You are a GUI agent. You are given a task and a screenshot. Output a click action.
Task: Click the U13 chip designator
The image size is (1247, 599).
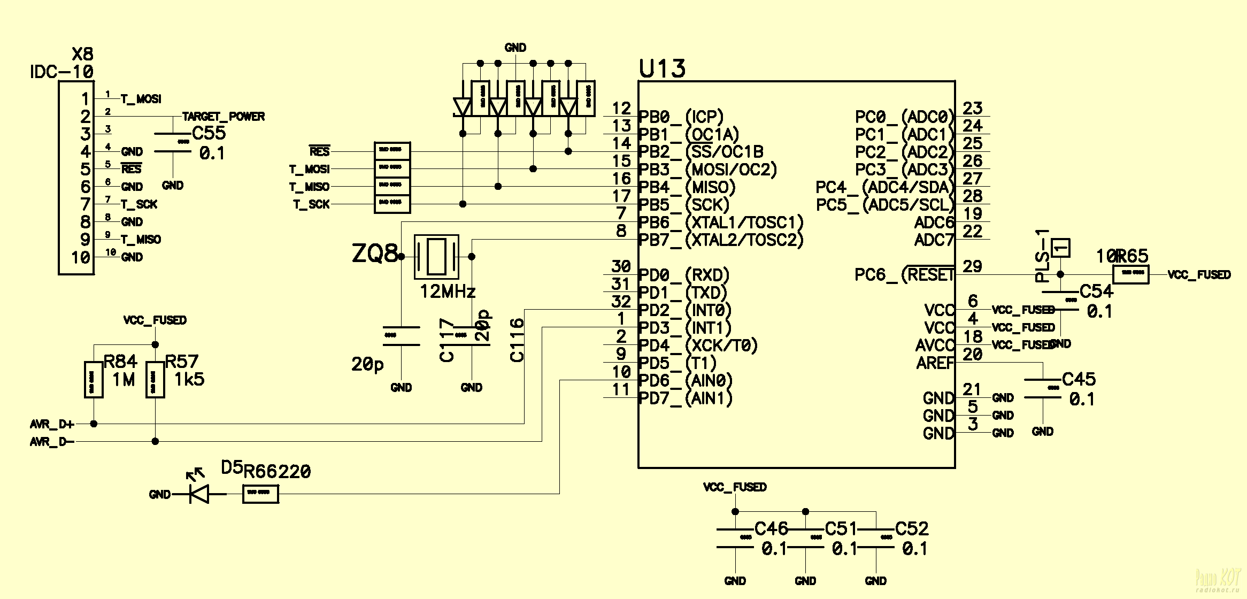[x=662, y=70]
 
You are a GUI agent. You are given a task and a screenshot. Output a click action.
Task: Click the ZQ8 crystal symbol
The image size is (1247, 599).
[x=436, y=257]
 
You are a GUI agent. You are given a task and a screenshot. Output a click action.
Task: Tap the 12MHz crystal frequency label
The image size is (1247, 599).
[x=448, y=291]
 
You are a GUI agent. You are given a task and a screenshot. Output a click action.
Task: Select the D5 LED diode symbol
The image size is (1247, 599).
[x=199, y=494]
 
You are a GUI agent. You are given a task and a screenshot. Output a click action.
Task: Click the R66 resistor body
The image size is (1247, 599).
[x=260, y=494]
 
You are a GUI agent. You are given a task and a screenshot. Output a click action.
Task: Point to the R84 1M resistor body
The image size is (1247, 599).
[x=94, y=380]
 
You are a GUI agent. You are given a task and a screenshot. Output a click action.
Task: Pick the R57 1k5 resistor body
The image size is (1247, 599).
[x=155, y=380]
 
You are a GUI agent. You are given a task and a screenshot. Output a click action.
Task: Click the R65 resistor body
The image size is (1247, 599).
[x=1130, y=275]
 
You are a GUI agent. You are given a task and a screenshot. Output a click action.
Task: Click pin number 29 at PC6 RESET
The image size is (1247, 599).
[x=972, y=266]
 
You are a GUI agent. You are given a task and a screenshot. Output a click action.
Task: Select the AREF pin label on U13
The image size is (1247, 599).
[x=935, y=363]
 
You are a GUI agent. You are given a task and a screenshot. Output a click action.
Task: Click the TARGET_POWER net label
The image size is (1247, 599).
[x=224, y=117]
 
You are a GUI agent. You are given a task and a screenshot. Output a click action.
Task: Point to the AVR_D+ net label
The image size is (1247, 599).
[x=52, y=425]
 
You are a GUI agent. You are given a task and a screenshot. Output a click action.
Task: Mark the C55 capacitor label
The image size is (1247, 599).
[x=209, y=133]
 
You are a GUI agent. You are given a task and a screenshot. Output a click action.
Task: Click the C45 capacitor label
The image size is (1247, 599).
[x=1079, y=380]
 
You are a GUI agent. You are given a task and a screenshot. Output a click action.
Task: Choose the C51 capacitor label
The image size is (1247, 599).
[x=841, y=529]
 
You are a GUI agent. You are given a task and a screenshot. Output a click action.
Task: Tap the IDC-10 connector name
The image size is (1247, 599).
[x=62, y=72]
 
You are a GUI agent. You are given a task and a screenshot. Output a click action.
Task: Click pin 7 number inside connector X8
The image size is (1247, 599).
[x=85, y=204]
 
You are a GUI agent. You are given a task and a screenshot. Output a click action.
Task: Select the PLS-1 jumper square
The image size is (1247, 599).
[x=1060, y=248]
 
